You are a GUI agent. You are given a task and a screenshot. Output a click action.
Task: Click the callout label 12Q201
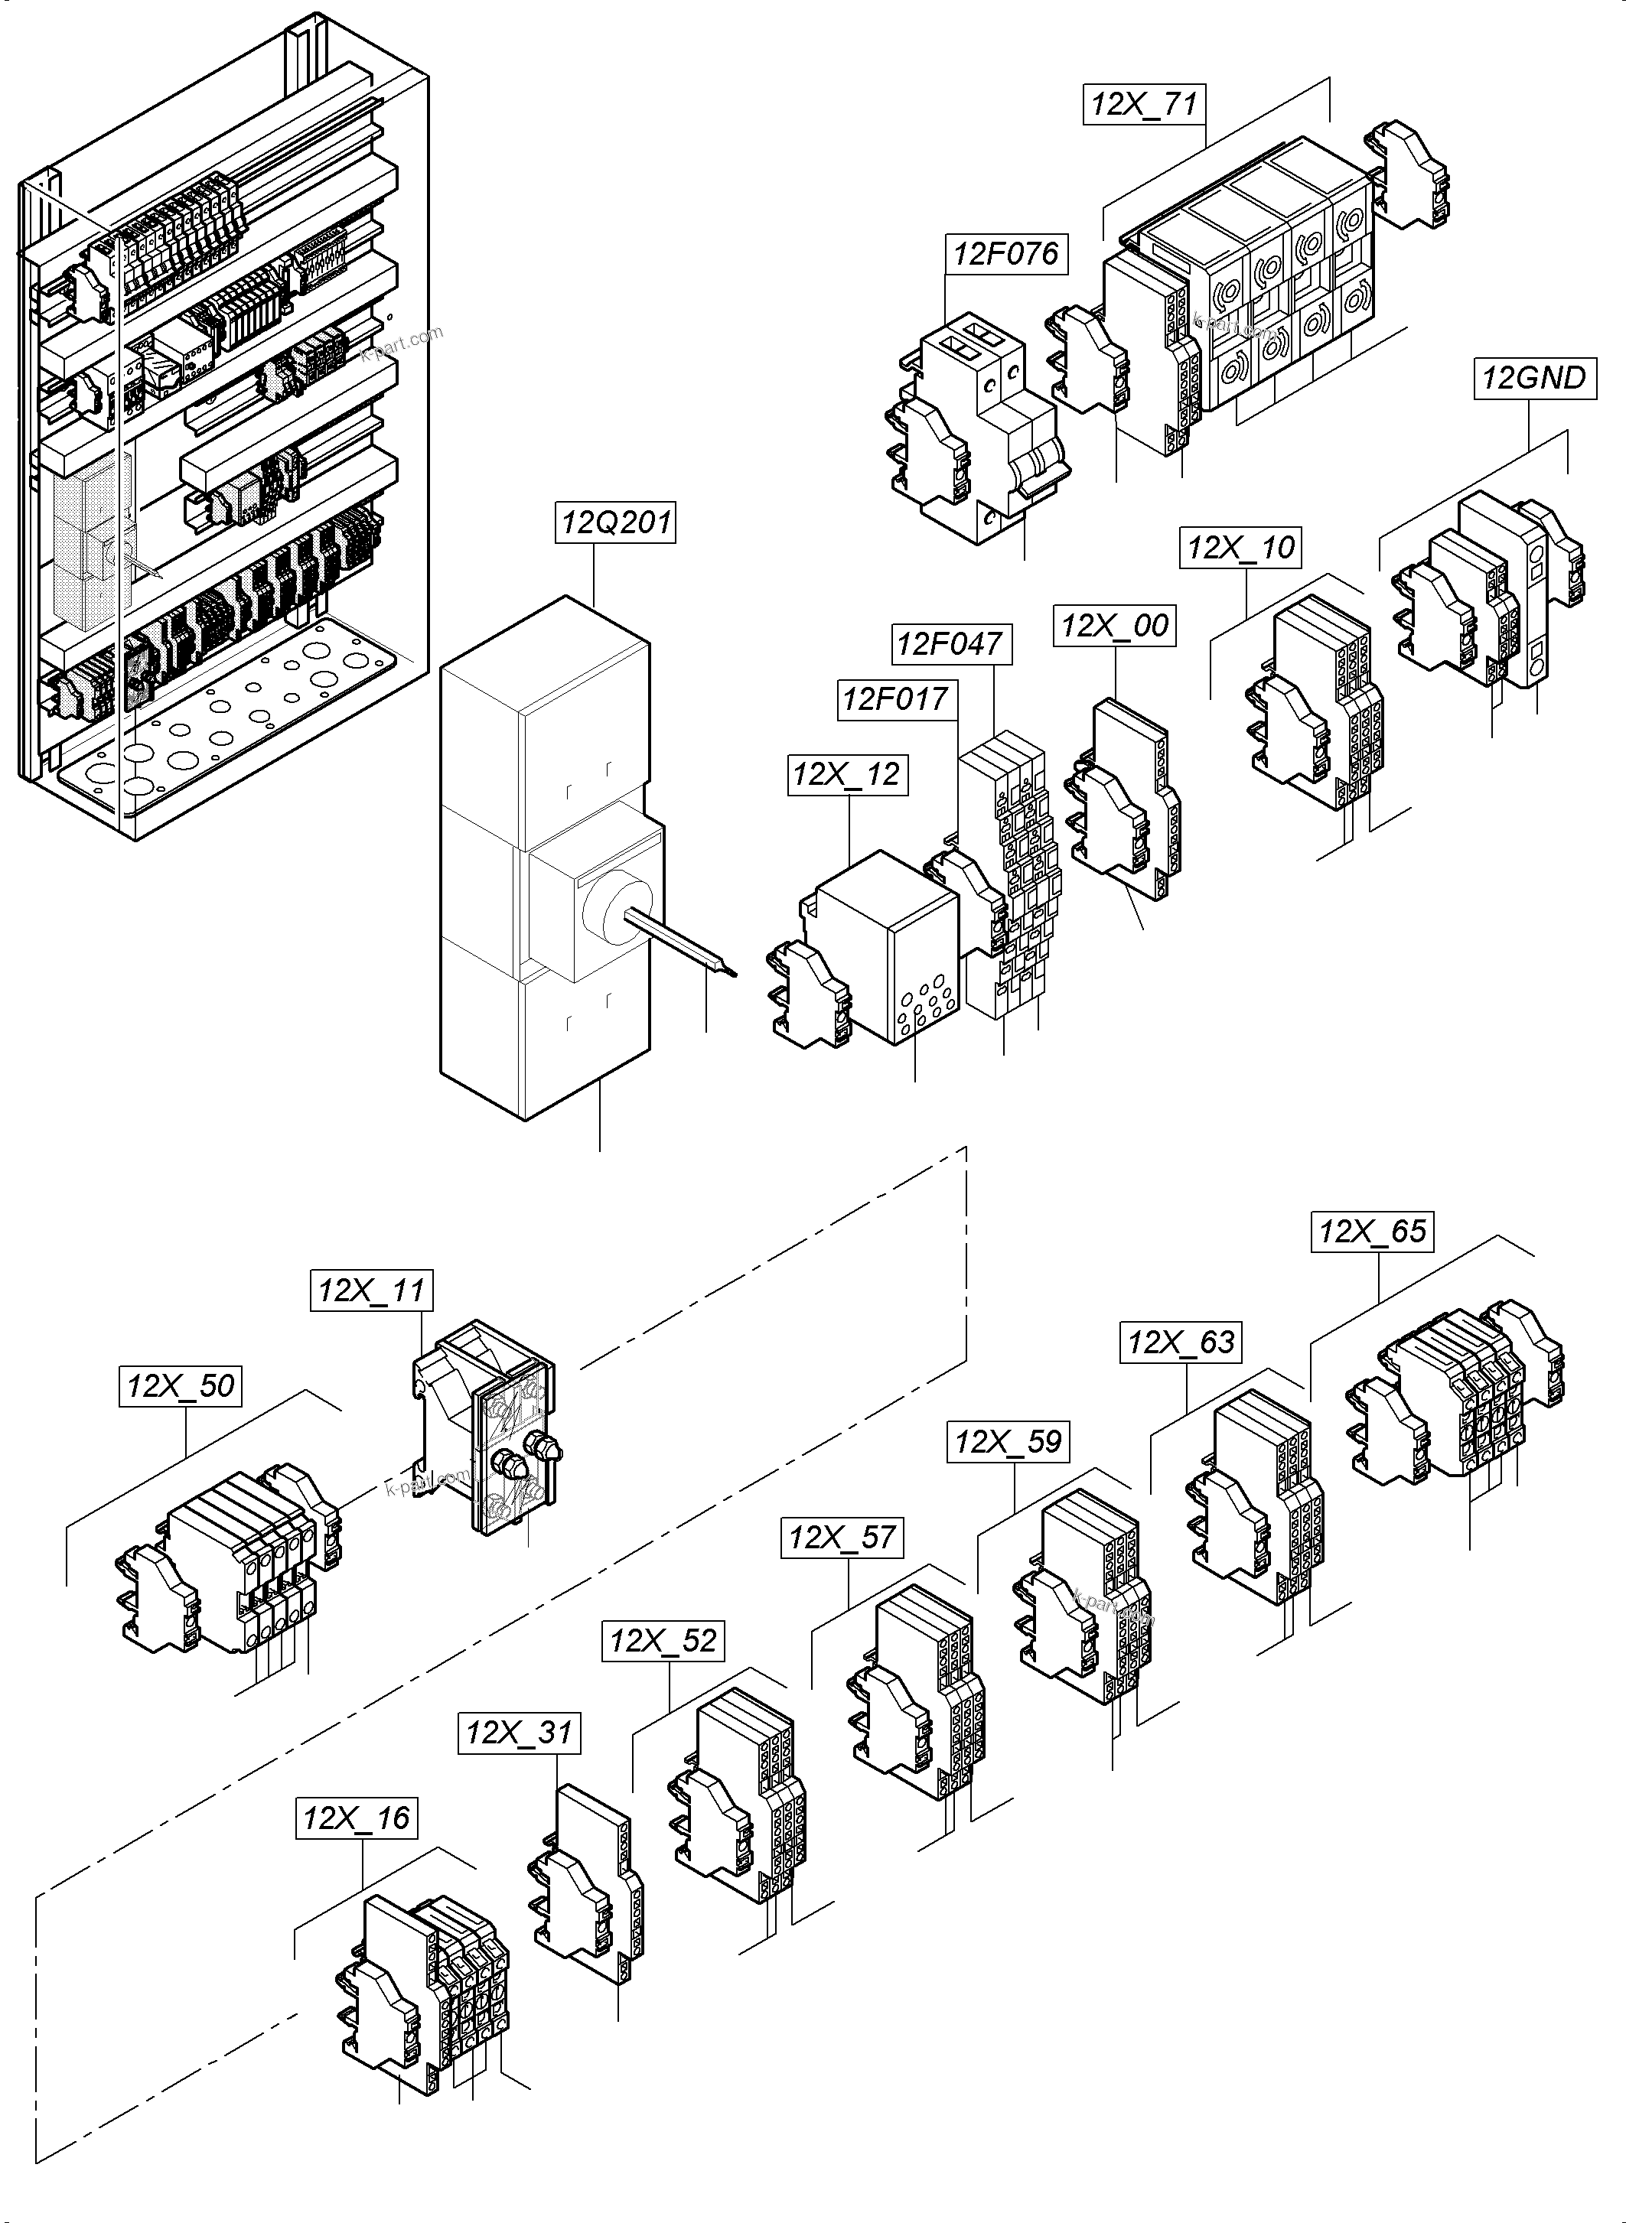616,522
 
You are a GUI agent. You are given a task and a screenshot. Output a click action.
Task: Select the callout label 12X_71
1145,104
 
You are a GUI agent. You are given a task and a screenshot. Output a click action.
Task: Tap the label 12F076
1005,254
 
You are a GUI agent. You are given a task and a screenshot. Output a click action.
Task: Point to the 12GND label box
1533,378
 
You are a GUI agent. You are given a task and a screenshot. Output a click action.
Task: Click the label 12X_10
1240,547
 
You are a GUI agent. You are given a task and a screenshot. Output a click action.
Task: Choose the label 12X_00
1115,626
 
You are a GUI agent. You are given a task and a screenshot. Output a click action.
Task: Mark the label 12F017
896,700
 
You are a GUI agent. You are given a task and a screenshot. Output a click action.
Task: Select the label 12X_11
371,1290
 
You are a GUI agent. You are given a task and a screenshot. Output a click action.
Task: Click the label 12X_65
1372,1231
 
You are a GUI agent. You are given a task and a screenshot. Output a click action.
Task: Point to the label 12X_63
1181,1343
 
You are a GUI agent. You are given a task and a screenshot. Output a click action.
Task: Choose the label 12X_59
1008,1443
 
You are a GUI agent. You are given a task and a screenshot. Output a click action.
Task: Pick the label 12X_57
842,1537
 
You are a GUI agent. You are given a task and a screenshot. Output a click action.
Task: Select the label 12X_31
519,1732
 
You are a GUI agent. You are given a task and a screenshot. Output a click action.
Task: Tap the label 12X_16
357,1818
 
